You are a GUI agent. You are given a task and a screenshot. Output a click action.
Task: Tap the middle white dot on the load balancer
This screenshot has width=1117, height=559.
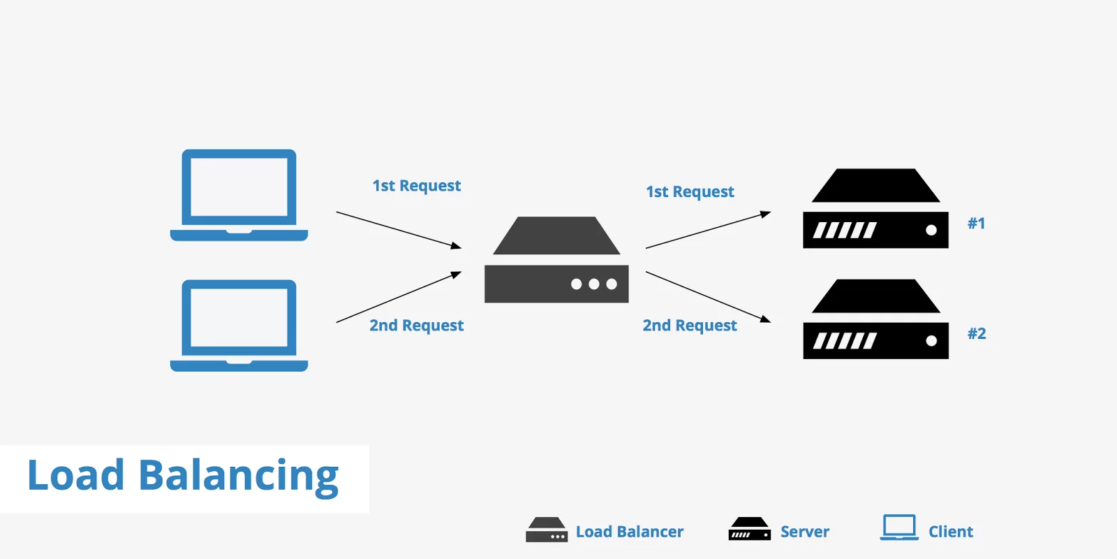[593, 284]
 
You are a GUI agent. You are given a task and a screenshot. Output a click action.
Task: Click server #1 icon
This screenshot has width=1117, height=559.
[875, 210]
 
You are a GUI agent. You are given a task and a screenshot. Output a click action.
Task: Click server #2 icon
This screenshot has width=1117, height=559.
[875, 320]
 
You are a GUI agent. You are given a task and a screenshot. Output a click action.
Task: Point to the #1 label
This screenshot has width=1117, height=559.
[976, 224]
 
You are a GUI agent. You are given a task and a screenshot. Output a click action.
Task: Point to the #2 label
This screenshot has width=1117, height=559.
[977, 334]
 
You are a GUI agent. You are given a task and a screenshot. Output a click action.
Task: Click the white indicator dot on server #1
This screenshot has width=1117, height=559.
[931, 230]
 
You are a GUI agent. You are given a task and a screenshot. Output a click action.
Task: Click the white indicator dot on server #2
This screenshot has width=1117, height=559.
[931, 341]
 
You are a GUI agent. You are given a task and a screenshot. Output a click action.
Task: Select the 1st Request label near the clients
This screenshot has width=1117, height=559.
[416, 186]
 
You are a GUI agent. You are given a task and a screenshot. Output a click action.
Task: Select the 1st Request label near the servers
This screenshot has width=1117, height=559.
[690, 191]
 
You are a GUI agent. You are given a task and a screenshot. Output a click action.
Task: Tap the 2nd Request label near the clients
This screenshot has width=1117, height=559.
[416, 326]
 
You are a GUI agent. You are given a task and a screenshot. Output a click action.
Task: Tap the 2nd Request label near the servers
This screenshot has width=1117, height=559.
[690, 326]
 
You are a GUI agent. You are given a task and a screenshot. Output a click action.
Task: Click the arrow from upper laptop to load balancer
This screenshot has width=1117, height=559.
[398, 229]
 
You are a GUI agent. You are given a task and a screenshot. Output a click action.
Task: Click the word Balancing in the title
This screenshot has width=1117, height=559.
[238, 477]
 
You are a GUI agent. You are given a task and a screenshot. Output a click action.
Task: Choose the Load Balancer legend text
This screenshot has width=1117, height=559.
[629, 532]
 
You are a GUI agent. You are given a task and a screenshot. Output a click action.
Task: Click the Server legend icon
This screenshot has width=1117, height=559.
[749, 529]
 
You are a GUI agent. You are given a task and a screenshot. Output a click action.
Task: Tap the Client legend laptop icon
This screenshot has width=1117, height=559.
[899, 528]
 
